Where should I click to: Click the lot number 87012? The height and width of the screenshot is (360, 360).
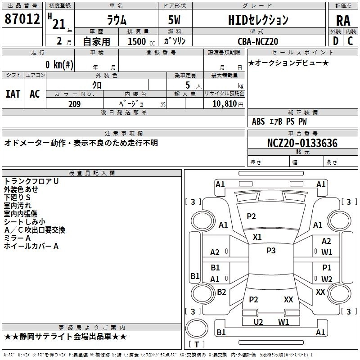pyautogui.click(x=22, y=19)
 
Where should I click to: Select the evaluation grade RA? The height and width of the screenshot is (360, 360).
pyautogui.click(x=343, y=21)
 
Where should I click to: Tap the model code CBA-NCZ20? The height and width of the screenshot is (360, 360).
pyautogui.click(x=258, y=41)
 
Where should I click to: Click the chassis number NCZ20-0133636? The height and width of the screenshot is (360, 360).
pyautogui.click(x=302, y=143)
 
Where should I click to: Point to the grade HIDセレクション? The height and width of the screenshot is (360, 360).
pyautogui.click(x=258, y=20)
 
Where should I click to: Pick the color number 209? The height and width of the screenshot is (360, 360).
pyautogui.click(x=75, y=104)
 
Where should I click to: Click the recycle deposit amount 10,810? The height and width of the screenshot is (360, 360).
pyautogui.click(x=225, y=104)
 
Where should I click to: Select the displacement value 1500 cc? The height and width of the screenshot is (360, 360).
pyautogui.click(x=141, y=41)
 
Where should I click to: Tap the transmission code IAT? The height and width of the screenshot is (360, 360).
pyautogui.click(x=13, y=94)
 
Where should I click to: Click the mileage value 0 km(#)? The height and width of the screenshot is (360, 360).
pyautogui.click(x=59, y=64)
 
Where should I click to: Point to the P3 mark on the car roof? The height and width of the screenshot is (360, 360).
pyautogui.click(x=271, y=251)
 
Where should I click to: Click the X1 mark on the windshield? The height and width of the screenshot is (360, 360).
pyautogui.click(x=257, y=237)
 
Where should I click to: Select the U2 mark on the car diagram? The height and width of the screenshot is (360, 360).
pyautogui.click(x=258, y=322)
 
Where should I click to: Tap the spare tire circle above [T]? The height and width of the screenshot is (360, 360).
pyautogui.click(x=197, y=328)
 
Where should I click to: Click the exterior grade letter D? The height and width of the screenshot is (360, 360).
pyautogui.click(x=336, y=41)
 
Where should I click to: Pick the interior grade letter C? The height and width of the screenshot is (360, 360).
pyautogui.click(x=350, y=41)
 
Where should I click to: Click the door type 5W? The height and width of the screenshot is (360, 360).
pyautogui.click(x=175, y=20)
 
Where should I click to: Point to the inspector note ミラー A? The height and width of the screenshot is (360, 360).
pyautogui.click(x=17, y=238)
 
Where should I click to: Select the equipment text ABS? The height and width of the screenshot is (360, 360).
pyautogui.click(x=258, y=121)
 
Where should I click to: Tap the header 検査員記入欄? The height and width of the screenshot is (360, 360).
pyautogui.click(x=92, y=173)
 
